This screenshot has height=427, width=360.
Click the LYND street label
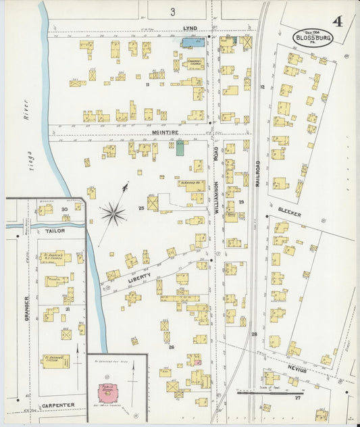click(190, 28)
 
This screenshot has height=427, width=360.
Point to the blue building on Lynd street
click(192, 43)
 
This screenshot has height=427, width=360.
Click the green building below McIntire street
click(180, 148)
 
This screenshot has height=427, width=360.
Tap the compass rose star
click(113, 214)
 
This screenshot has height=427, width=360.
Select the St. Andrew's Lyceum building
click(55, 361)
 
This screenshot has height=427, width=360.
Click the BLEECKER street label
click(288, 212)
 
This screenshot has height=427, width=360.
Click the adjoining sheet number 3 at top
click(173, 11)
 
